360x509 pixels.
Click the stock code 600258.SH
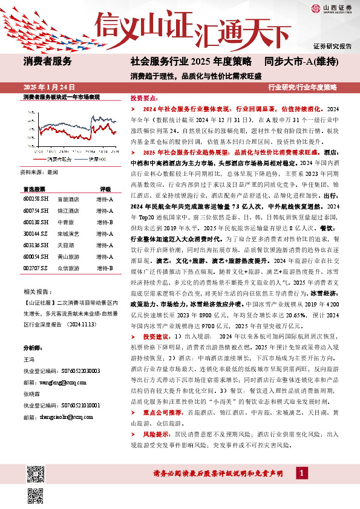[x=35, y=181]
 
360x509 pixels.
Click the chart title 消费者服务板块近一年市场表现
[x=61, y=97]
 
